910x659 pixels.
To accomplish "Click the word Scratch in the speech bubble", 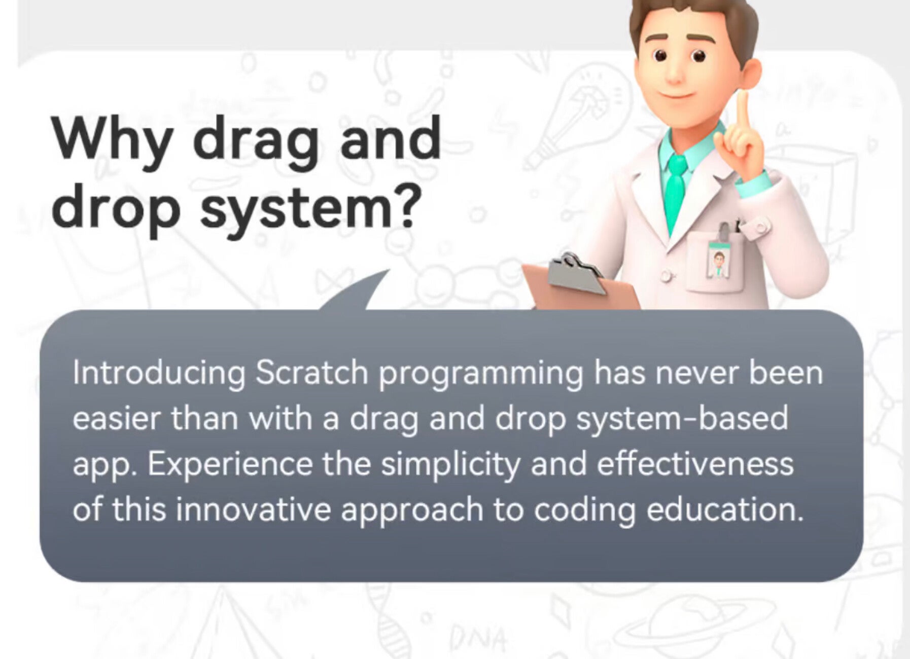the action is [311, 373].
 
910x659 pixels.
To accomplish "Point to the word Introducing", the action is [159, 374].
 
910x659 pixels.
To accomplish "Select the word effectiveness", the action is [695, 463].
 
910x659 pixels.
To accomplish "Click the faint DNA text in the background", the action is [478, 639].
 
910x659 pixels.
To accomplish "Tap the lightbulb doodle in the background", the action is [578, 114].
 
